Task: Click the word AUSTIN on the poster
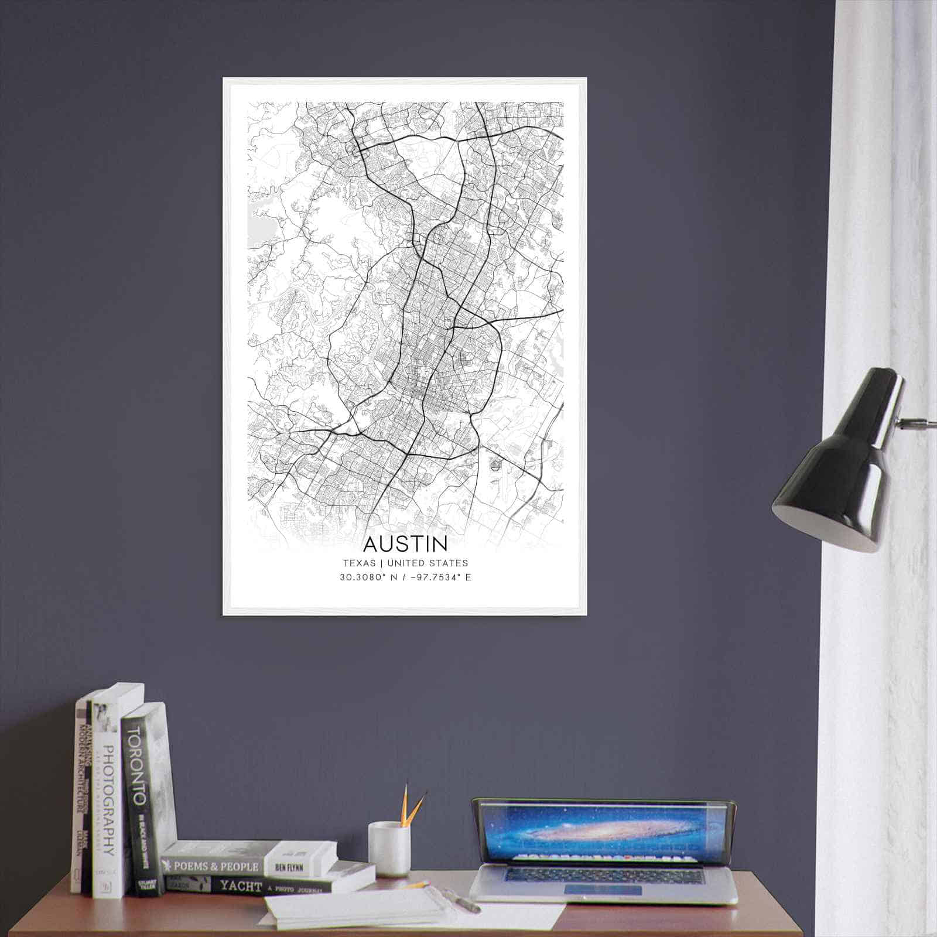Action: pyautogui.click(x=405, y=544)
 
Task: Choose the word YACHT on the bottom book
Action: pyautogui.click(x=240, y=886)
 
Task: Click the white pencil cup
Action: pyautogui.click(x=388, y=848)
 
